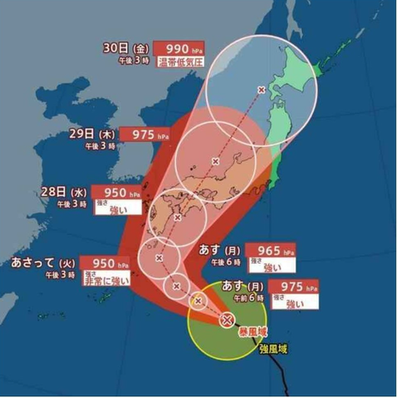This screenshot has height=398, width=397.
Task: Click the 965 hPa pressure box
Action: tap(270, 249)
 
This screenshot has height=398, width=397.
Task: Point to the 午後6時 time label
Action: tap(224, 261)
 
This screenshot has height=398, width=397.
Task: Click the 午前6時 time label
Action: tap(245, 299)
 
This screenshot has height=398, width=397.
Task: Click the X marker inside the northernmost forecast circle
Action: tap(261, 89)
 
